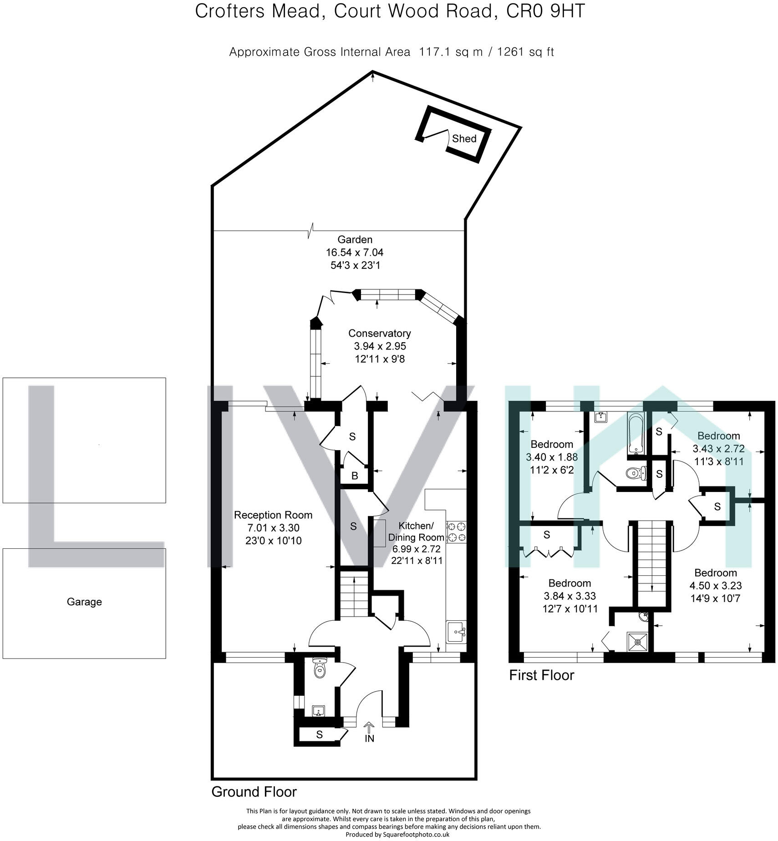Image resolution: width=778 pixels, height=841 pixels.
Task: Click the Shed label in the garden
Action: click(x=464, y=138)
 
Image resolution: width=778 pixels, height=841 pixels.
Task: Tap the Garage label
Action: click(x=84, y=602)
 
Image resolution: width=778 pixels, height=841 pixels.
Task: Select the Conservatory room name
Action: click(x=379, y=333)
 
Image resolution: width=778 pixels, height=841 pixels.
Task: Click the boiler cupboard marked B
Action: click(x=355, y=476)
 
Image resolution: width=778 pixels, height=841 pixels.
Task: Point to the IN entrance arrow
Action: click(x=369, y=729)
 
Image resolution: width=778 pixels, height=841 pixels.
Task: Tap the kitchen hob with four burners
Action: click(x=457, y=532)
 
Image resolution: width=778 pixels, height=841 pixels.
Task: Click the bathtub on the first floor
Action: click(x=636, y=433)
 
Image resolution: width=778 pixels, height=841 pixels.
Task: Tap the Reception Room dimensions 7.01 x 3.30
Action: click(x=273, y=528)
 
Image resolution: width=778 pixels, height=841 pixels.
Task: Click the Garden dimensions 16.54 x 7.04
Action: click(x=355, y=252)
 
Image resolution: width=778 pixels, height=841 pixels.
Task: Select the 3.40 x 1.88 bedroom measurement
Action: click(x=552, y=457)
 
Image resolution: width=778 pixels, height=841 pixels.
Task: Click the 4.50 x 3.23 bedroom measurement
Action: click(x=716, y=585)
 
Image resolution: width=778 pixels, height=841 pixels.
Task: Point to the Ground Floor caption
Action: click(x=254, y=792)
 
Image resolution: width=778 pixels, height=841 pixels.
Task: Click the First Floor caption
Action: click(x=541, y=675)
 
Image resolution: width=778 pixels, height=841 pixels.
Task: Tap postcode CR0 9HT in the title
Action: click(x=545, y=11)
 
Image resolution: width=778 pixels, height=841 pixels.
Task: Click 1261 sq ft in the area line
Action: click(x=525, y=52)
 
